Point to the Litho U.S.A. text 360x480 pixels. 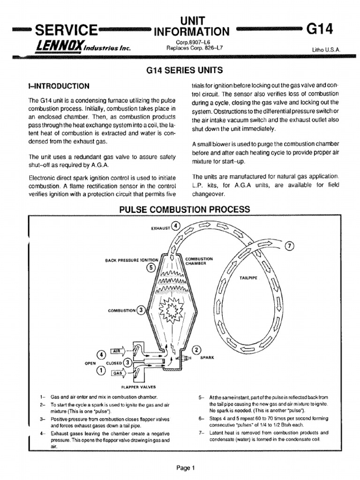[326, 49]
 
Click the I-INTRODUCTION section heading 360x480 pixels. [59, 86]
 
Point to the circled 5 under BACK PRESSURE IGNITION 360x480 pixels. [150, 268]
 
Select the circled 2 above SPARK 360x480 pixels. [196, 350]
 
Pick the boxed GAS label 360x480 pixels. [116, 373]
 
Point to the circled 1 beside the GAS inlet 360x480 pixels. [101, 371]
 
